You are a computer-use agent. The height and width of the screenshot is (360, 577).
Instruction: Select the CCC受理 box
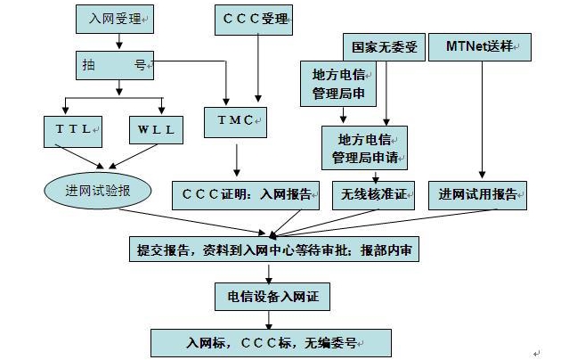click(256, 18)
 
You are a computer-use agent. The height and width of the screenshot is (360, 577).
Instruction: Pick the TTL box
click(74, 131)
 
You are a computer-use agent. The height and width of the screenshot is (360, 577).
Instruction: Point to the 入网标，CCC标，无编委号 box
click(270, 342)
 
